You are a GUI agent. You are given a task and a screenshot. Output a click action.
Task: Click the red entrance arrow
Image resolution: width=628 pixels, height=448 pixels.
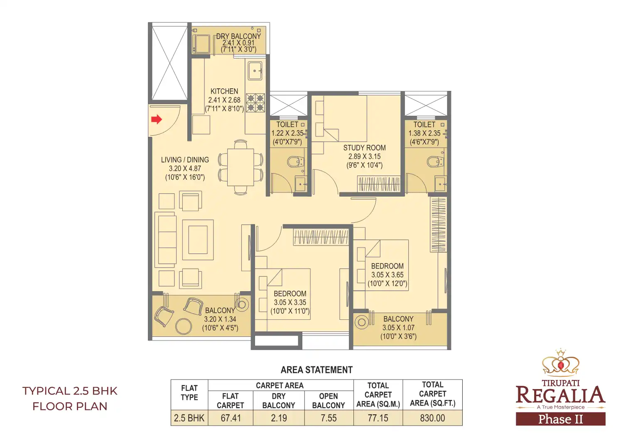(156, 120)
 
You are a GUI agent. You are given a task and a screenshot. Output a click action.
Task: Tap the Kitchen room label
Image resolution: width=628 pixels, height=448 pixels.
(224, 91)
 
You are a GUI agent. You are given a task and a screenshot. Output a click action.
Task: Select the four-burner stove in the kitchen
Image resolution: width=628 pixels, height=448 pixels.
(255, 103)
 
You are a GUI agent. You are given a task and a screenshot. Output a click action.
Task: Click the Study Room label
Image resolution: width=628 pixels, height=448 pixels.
(364, 148)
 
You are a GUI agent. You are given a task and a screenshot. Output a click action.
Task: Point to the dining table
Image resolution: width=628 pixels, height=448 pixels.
(240, 167)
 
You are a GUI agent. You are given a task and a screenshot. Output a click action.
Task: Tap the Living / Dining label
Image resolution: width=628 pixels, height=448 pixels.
(185, 160)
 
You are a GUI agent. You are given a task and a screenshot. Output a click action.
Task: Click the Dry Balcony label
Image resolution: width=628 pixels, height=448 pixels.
(238, 37)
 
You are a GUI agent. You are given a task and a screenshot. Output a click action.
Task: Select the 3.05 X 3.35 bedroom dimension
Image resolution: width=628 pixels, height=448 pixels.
(290, 302)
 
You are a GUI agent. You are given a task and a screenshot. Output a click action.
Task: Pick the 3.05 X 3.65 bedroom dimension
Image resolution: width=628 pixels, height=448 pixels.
(387, 275)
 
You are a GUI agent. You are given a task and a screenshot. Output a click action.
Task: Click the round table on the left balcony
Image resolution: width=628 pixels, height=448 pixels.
(184, 326)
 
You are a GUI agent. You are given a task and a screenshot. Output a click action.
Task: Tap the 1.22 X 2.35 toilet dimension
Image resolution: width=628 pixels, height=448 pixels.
(287, 134)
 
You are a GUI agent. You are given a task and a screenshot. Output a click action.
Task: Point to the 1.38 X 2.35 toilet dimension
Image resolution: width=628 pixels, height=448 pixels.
(424, 134)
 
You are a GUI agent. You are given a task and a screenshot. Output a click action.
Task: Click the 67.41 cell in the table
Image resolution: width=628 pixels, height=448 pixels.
(231, 418)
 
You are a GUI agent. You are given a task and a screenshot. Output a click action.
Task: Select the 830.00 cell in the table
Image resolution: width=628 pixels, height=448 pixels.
(432, 418)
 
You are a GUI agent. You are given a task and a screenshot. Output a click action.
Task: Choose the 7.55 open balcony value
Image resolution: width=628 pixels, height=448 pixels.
(329, 418)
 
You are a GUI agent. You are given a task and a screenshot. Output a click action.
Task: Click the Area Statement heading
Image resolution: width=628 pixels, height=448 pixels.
(316, 370)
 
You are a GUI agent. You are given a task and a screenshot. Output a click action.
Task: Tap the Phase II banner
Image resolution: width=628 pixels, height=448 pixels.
(560, 419)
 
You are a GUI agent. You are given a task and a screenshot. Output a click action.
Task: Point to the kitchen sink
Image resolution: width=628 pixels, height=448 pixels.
(255, 71)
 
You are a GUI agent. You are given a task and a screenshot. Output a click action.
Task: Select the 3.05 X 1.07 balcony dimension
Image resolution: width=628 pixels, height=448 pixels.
(398, 328)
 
